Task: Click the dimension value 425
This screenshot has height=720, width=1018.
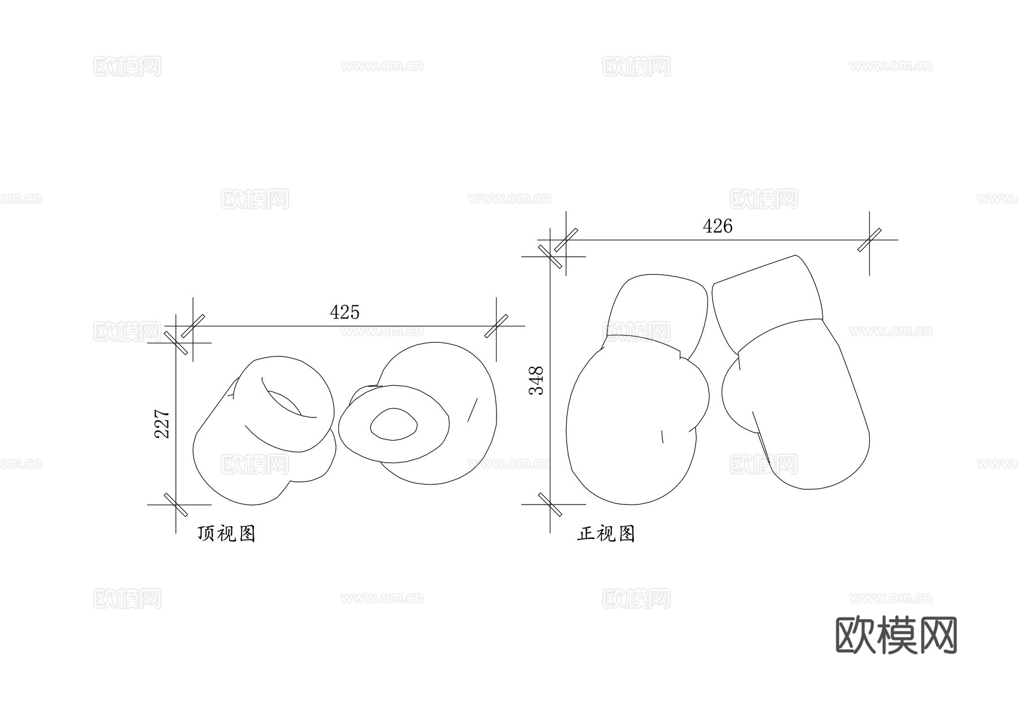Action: pyautogui.click(x=344, y=312)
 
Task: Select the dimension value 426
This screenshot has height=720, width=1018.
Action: pyautogui.click(x=718, y=226)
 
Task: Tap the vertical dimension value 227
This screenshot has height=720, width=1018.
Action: pyautogui.click(x=162, y=424)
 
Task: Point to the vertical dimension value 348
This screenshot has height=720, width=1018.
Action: pyautogui.click(x=536, y=381)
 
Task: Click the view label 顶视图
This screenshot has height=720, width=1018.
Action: pyautogui.click(x=227, y=533)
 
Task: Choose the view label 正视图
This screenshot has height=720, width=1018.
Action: pyautogui.click(x=606, y=533)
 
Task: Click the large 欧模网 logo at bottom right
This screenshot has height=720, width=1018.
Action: pyautogui.click(x=896, y=635)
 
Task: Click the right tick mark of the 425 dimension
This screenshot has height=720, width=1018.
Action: pyautogui.click(x=496, y=326)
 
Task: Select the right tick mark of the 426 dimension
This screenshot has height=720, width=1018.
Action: pyautogui.click(x=869, y=240)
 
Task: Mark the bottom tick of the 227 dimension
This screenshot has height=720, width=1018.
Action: pyautogui.click(x=176, y=505)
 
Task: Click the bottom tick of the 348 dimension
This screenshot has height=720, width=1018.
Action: pyautogui.click(x=550, y=505)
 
